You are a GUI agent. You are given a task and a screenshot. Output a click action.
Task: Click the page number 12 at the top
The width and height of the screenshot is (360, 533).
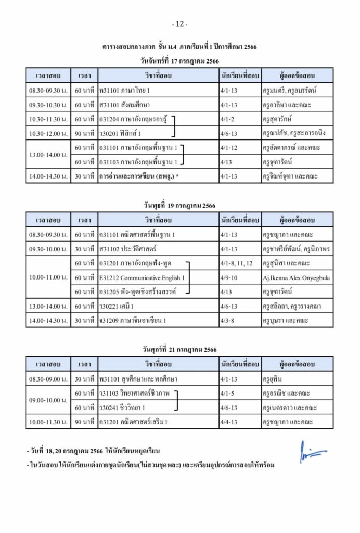[x=179, y=24]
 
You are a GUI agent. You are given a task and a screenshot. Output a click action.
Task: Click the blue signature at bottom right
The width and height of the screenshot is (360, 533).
[x=313, y=453]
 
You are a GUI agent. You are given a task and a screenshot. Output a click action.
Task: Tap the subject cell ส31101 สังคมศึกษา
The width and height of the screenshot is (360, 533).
[x=124, y=105]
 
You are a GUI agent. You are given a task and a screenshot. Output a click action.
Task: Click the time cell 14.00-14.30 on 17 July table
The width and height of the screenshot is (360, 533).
[x=48, y=176]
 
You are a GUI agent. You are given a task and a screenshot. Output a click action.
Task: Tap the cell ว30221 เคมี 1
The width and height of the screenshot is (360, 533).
[x=116, y=306]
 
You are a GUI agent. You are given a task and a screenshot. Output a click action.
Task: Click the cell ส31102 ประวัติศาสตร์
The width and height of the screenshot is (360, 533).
[x=127, y=249]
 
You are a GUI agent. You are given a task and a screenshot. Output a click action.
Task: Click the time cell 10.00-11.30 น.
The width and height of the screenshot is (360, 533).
[x=48, y=421]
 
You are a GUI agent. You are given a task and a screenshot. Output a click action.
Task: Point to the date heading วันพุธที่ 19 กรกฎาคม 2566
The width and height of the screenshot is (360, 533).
[x=179, y=205]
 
